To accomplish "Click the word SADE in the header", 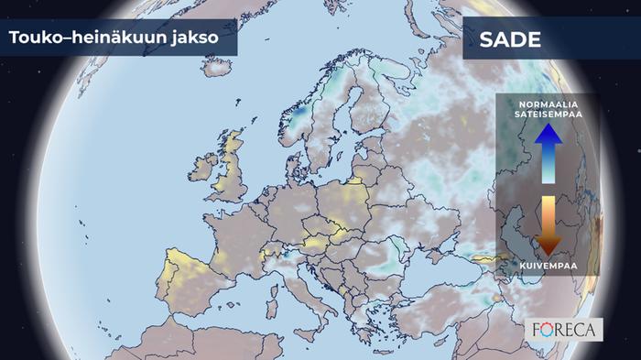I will point(509,41).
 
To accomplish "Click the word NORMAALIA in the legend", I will point(548,104).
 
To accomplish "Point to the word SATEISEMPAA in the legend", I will point(548,114).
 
